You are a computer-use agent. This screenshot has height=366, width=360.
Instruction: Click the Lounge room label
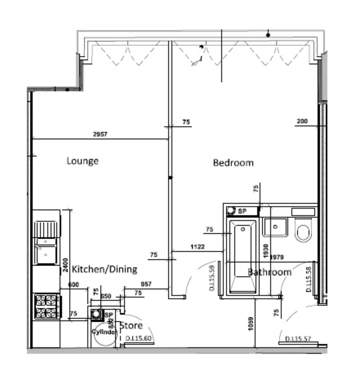pyautogui.click(x=82, y=161)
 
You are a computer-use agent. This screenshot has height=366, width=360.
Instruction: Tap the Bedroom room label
pyautogui.click(x=233, y=163)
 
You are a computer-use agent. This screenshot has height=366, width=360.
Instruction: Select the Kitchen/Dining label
pyautogui.click(x=104, y=269)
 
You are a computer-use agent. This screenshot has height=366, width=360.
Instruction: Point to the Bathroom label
pyautogui.click(x=269, y=272)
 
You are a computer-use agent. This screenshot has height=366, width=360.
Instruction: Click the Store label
pyautogui.click(x=131, y=325)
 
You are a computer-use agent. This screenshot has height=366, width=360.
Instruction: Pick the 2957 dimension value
pyautogui.click(x=100, y=134)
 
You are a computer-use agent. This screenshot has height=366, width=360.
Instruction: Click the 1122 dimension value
pyautogui.click(x=197, y=246)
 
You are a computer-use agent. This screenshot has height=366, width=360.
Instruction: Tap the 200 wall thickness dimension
pyautogui.click(x=302, y=121)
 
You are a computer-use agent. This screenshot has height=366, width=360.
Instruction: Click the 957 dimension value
pyautogui.click(x=146, y=284)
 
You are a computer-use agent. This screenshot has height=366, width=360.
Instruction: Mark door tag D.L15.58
pyautogui.click(x=309, y=279)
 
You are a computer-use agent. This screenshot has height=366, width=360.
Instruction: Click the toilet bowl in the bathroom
pyautogui.click(x=303, y=233)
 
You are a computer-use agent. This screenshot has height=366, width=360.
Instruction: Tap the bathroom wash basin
pyautogui.click(x=275, y=227)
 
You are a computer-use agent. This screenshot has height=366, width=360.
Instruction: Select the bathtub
pyautogui.click(x=243, y=256)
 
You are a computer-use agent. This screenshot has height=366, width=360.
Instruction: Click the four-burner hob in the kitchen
pyautogui.click(x=46, y=307)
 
